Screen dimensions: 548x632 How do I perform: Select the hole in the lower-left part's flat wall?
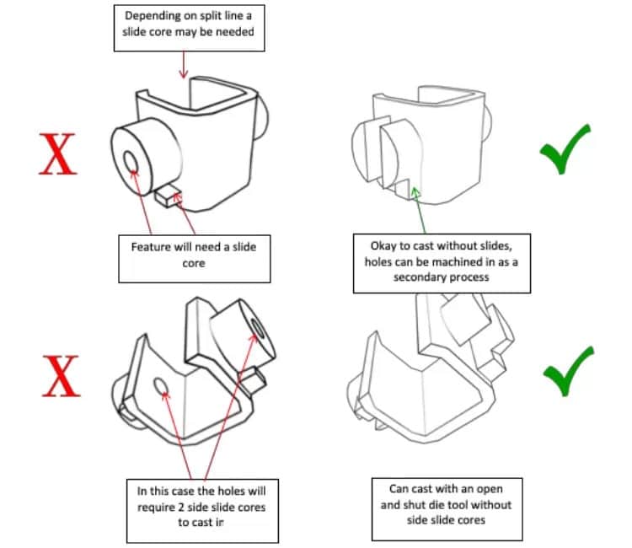pos(160,386)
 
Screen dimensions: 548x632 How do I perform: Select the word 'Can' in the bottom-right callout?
pos(399,487)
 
